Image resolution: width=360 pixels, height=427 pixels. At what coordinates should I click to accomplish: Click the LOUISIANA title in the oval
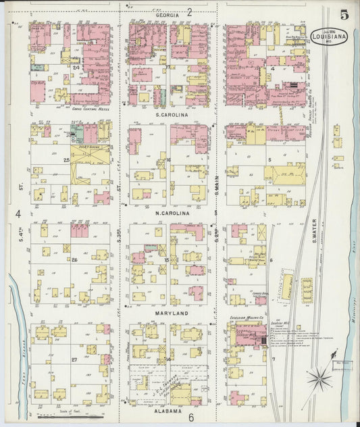click(x=329, y=37)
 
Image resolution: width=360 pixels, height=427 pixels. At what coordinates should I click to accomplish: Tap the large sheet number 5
click(x=344, y=13)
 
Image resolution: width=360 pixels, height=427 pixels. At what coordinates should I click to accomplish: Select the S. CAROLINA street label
click(x=170, y=114)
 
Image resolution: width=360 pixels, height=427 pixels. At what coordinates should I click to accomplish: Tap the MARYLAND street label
click(x=170, y=314)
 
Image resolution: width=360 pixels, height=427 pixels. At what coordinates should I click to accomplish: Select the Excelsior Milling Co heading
click(x=247, y=316)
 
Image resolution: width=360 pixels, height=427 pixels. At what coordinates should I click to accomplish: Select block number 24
click(x=76, y=68)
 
